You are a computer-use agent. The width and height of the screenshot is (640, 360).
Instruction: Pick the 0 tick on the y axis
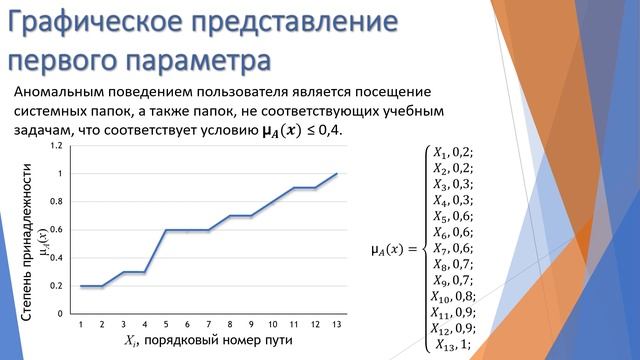[61, 313]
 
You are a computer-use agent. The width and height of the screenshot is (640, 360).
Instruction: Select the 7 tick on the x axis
[208, 325]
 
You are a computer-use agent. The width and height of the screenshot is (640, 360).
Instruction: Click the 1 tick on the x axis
[81, 325]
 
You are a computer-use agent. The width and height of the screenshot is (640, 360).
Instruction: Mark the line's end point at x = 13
[336, 174]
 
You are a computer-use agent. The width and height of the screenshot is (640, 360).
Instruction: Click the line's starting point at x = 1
[81, 286]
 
